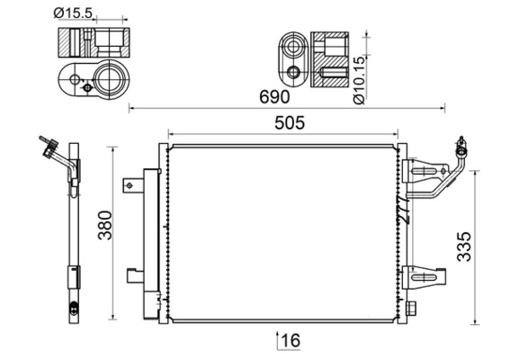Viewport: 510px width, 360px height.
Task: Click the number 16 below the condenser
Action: (x=288, y=340)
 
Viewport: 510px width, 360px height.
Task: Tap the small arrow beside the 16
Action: (x=275, y=339)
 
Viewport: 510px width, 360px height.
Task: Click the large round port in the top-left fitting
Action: (x=110, y=77)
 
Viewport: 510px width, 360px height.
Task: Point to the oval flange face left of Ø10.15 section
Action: (x=291, y=59)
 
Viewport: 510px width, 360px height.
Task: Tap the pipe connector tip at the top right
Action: (x=461, y=143)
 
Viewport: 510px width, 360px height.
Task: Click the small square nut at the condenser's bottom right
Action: (x=412, y=309)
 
